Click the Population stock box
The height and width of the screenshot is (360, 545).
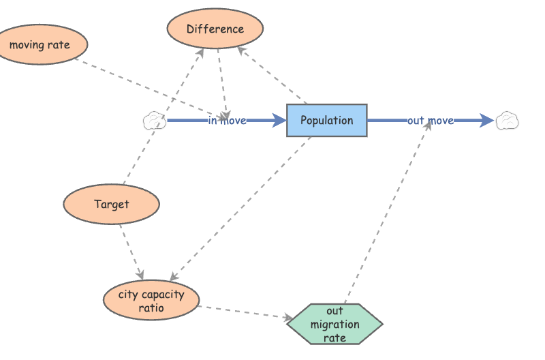(326, 121)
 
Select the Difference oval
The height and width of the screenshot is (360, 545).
(215, 29)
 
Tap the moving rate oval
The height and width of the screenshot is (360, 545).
(39, 45)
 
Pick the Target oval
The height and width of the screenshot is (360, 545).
(111, 204)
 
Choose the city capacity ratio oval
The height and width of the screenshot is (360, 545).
(151, 301)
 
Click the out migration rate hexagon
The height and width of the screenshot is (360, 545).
(334, 324)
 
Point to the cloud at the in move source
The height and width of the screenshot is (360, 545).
(155, 121)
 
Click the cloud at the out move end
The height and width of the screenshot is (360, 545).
(508, 121)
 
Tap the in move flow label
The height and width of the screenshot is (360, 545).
(227, 121)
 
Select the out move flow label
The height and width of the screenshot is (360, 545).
(430, 121)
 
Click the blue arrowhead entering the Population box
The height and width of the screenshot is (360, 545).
(279, 121)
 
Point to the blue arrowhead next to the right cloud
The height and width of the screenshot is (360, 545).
(486, 121)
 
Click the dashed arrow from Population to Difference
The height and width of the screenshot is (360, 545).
(272, 76)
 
